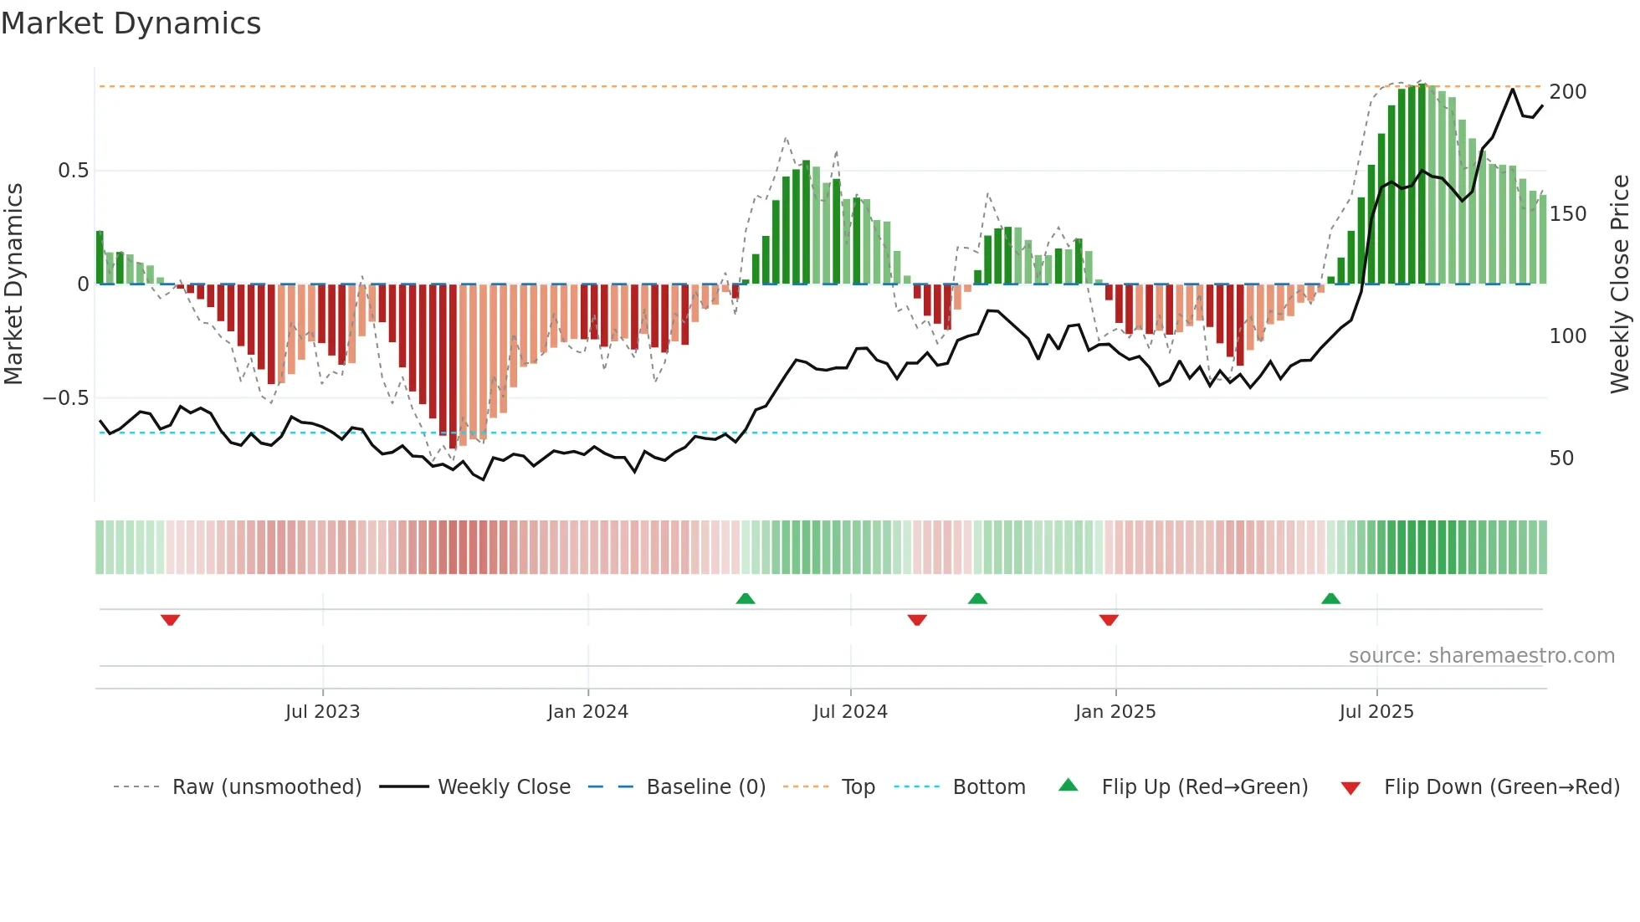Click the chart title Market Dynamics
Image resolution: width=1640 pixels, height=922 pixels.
click(x=131, y=23)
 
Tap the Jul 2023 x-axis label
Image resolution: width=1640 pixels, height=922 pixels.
click(x=322, y=712)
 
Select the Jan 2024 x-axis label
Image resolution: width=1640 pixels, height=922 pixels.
click(x=587, y=712)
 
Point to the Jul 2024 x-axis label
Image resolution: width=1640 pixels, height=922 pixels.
click(x=850, y=712)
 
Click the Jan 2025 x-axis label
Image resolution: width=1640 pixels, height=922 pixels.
click(x=1115, y=712)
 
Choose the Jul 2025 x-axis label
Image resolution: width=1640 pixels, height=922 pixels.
click(x=1376, y=712)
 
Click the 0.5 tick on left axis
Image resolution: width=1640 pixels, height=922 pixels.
click(x=73, y=171)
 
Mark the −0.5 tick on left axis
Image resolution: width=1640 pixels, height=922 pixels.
click(x=66, y=398)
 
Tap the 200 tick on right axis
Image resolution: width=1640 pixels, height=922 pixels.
click(x=1567, y=92)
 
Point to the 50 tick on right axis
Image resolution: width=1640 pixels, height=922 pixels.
click(x=1561, y=458)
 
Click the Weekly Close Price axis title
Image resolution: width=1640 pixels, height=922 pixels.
click(x=1620, y=284)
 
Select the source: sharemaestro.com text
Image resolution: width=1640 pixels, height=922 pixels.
click(x=1481, y=656)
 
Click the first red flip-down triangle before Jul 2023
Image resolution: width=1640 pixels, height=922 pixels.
click(x=170, y=620)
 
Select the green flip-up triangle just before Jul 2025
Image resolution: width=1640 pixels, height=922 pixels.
click(x=1330, y=598)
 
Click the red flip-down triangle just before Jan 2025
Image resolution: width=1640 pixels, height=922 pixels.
click(x=1109, y=620)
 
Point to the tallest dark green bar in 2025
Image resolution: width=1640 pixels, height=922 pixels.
click(x=1422, y=184)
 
